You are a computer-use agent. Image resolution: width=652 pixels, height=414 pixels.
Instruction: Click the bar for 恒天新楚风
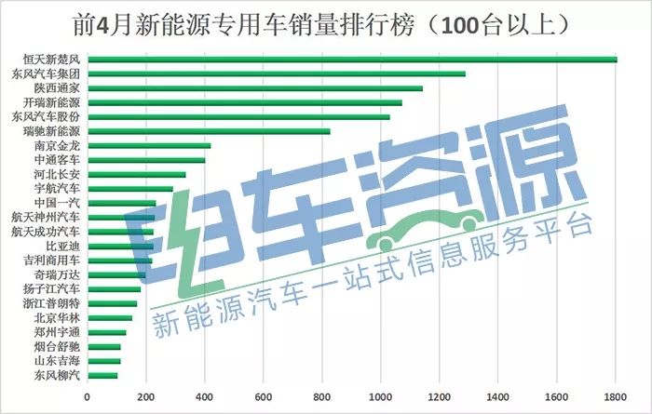point(352,60)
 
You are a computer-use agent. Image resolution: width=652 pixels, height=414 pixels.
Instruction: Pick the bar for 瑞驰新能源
point(209,131)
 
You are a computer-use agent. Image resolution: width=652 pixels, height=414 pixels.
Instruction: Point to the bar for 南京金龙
point(149,146)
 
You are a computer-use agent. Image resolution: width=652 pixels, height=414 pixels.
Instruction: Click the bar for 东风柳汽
point(102,375)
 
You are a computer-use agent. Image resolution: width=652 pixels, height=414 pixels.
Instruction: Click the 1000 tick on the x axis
point(381,397)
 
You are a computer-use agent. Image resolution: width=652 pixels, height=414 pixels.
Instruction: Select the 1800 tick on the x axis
point(616,397)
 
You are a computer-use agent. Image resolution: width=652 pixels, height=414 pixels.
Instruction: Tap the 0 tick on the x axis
point(88,397)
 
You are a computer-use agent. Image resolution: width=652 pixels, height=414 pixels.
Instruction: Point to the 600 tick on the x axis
point(264,397)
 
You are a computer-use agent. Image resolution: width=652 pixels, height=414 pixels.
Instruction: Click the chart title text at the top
point(326,20)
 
